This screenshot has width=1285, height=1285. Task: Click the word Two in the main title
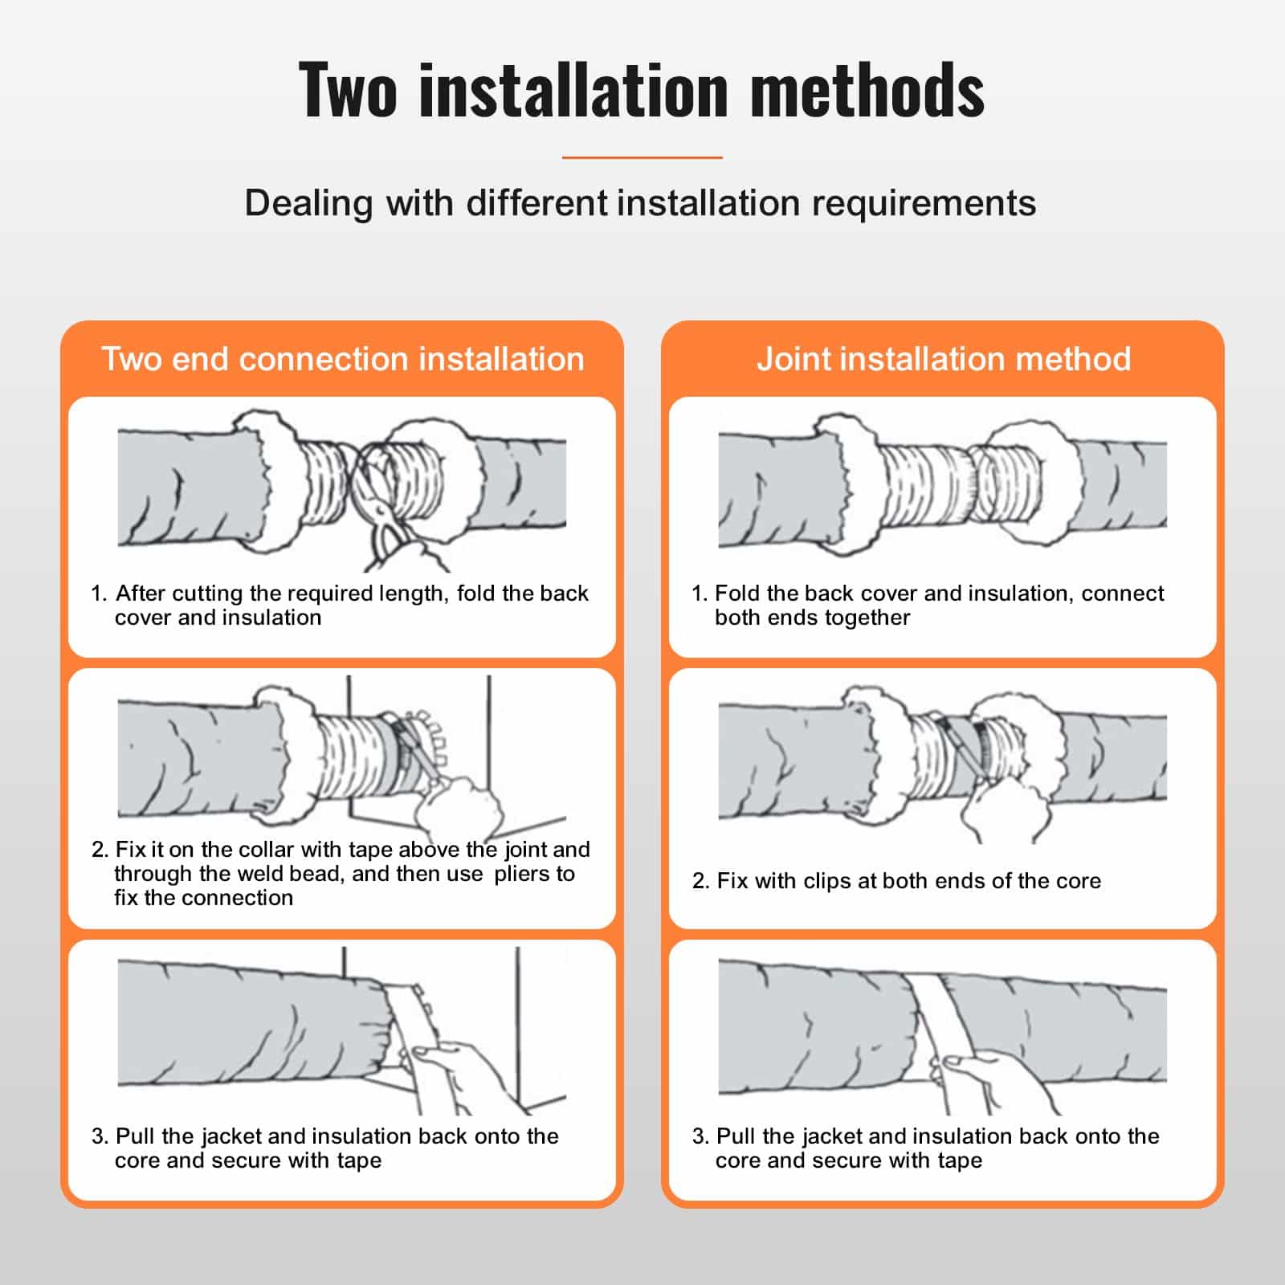point(347,90)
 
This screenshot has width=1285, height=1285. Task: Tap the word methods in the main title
point(867,90)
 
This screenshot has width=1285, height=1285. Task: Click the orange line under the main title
point(642,157)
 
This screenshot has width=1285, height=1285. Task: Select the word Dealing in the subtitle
point(308,203)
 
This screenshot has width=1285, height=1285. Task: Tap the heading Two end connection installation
point(343,359)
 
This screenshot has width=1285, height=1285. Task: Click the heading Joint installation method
point(944,359)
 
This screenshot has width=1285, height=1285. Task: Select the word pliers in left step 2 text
point(527,874)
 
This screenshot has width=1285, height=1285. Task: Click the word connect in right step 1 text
point(1122,594)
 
